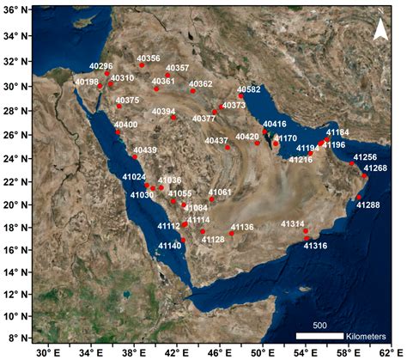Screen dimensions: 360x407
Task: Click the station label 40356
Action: click(x=148, y=58)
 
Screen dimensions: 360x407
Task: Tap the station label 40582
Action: click(x=248, y=89)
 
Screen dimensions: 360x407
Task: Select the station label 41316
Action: click(x=315, y=245)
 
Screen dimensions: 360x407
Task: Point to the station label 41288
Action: click(x=368, y=205)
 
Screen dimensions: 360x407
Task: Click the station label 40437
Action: click(x=216, y=140)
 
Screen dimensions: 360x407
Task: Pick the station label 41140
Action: click(x=170, y=246)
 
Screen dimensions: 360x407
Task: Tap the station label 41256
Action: click(x=365, y=157)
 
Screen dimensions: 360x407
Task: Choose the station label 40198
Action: click(x=87, y=82)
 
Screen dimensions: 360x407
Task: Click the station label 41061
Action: click(x=220, y=192)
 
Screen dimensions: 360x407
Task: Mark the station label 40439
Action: click(x=145, y=150)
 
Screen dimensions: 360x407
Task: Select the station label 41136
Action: click(x=242, y=227)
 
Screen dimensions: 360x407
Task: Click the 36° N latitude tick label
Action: click(x=15, y=13)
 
